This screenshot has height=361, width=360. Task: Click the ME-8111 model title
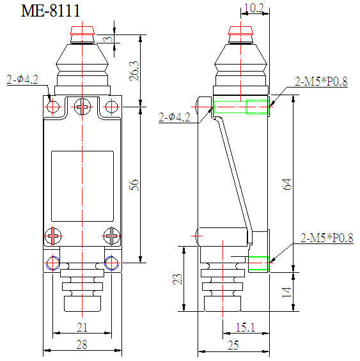tap(51, 11)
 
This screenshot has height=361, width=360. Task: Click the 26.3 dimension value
tap(134, 71)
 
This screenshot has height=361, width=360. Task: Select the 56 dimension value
tap(134, 185)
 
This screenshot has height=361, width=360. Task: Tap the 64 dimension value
tap(286, 184)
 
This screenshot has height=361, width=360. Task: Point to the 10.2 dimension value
tap(253, 8)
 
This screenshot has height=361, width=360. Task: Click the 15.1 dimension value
tap(246, 327)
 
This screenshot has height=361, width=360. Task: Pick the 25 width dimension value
tap(233, 345)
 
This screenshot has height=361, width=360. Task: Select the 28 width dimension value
tap(82, 344)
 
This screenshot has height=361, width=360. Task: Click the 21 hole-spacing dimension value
tap(82, 327)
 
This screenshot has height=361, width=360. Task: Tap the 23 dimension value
tap(178, 279)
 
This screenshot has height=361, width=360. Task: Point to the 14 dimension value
tap(286, 293)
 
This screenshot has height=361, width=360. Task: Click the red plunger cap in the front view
tap(82, 31)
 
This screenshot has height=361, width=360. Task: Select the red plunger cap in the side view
tap(240, 31)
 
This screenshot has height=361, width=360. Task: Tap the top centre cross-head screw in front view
tap(82, 107)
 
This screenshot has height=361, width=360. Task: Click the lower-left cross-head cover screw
tap(53, 236)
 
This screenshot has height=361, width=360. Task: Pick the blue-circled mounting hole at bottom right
tap(111, 263)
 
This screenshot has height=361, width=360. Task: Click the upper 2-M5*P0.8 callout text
tap(321, 81)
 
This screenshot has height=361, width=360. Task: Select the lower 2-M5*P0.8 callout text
tap(327, 238)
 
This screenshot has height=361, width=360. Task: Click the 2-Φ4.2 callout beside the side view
tap(175, 117)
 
